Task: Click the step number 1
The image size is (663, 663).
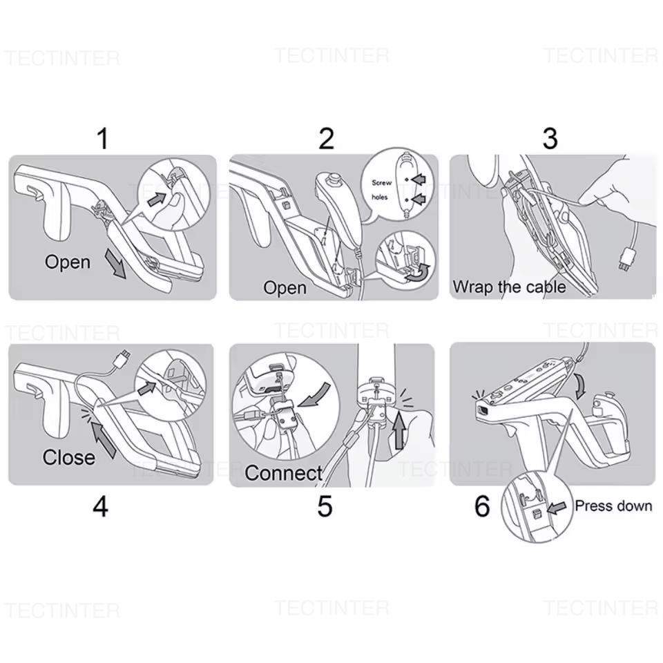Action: (103, 138)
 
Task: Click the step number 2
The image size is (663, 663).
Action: (326, 138)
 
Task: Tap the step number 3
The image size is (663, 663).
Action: (550, 138)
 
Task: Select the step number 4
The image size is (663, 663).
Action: (101, 506)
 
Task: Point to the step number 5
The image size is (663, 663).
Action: (325, 506)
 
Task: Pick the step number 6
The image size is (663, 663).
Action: (482, 506)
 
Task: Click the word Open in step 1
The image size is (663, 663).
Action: (68, 262)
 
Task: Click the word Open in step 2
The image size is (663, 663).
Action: (285, 288)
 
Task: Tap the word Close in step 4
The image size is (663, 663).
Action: (68, 457)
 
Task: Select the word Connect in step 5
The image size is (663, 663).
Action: (283, 472)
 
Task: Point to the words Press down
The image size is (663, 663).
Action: (613, 506)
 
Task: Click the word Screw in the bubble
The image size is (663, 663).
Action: (381, 182)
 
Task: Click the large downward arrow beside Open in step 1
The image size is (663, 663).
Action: (115, 263)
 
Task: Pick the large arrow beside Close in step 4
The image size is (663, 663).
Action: (103, 440)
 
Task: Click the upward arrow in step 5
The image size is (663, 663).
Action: (398, 431)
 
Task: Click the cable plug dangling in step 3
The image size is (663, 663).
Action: (625, 260)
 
